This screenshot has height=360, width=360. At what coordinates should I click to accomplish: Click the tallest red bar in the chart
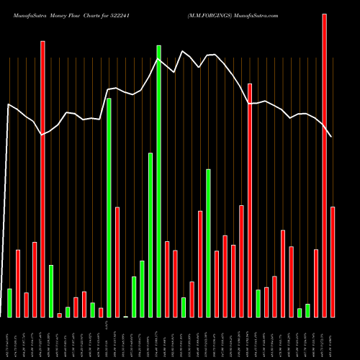point(324,166)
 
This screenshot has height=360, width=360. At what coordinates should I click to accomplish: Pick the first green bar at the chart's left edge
point(9,302)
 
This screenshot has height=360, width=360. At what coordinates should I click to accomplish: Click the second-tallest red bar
point(42,179)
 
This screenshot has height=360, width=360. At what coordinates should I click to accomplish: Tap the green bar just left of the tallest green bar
point(150,235)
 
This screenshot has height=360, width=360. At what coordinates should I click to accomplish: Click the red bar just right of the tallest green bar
point(167,279)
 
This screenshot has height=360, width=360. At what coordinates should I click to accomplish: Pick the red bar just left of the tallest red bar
point(316,283)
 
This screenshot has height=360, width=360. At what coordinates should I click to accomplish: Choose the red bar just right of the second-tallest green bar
point(117,262)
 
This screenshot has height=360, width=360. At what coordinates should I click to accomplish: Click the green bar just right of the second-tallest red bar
point(51,291)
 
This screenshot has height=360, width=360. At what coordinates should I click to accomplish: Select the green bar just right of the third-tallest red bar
point(258,303)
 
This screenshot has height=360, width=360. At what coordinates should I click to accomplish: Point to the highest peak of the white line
point(183,51)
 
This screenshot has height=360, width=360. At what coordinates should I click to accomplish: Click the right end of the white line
point(332,137)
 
